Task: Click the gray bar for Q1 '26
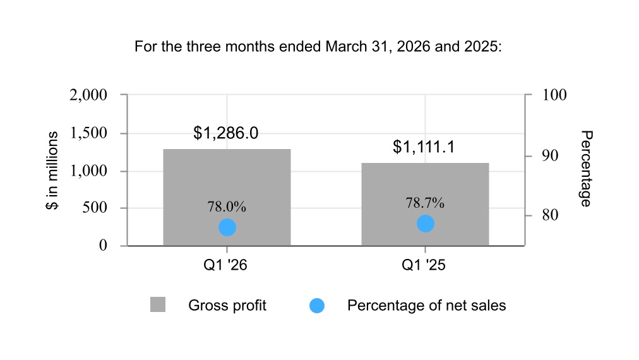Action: pyautogui.click(x=227, y=197)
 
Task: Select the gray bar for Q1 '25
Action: pyautogui.click(x=425, y=204)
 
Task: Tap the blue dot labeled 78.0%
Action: pyautogui.click(x=227, y=227)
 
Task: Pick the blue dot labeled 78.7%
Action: pyautogui.click(x=426, y=224)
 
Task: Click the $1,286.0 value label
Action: pyautogui.click(x=226, y=133)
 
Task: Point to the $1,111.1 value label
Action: pyautogui.click(x=424, y=147)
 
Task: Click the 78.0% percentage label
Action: pyautogui.click(x=227, y=207)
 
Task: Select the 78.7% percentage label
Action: pyautogui.click(x=425, y=203)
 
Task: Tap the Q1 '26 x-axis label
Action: pyautogui.click(x=225, y=265)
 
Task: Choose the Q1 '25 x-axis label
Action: pyautogui.click(x=424, y=265)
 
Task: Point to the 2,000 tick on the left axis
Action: pyautogui.click(x=88, y=95)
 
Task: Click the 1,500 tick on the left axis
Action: pyautogui.click(x=88, y=133)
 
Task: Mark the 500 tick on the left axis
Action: pyautogui.click(x=95, y=208)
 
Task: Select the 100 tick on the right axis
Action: pyautogui.click(x=554, y=95)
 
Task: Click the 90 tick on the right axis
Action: pyautogui.click(x=550, y=156)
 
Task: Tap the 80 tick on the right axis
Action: pyautogui.click(x=550, y=215)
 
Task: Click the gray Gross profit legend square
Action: pyautogui.click(x=158, y=304)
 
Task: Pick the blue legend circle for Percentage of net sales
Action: pyautogui.click(x=316, y=305)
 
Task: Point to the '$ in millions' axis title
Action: pyautogui.click(x=52, y=171)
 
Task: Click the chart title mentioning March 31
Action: pyautogui.click(x=318, y=47)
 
